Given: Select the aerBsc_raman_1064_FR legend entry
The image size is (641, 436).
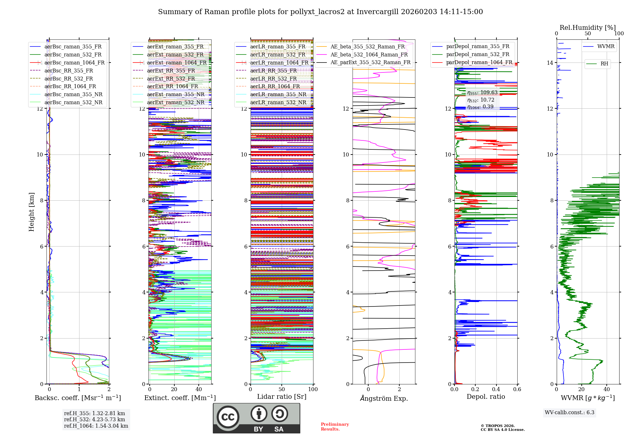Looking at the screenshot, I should point(74,63).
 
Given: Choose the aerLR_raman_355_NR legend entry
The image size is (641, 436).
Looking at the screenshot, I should point(278,94).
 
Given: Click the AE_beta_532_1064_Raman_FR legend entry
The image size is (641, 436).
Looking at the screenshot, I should point(369,55).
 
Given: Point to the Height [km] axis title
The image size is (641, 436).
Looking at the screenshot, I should point(31,212).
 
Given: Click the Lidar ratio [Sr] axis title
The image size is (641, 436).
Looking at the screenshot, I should point(282,397).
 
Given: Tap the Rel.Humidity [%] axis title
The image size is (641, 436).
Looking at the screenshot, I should point(587,28).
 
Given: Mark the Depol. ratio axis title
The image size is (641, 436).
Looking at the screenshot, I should point(486,397).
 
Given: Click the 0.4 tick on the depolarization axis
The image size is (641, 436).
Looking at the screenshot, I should point(496,390).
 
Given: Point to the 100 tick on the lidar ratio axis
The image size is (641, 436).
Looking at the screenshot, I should point(313,390).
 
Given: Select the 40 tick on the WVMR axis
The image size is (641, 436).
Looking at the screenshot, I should point(606,390).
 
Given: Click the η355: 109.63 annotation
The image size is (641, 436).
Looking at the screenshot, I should point(482,93).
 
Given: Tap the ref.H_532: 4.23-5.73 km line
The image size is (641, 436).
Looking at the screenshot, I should point(95,419).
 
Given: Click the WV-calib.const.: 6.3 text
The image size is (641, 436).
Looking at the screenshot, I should point(570,413).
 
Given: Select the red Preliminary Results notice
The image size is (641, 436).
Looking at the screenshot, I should point(335,427).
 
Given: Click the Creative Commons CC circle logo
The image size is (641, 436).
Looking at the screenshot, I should point(228,417).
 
